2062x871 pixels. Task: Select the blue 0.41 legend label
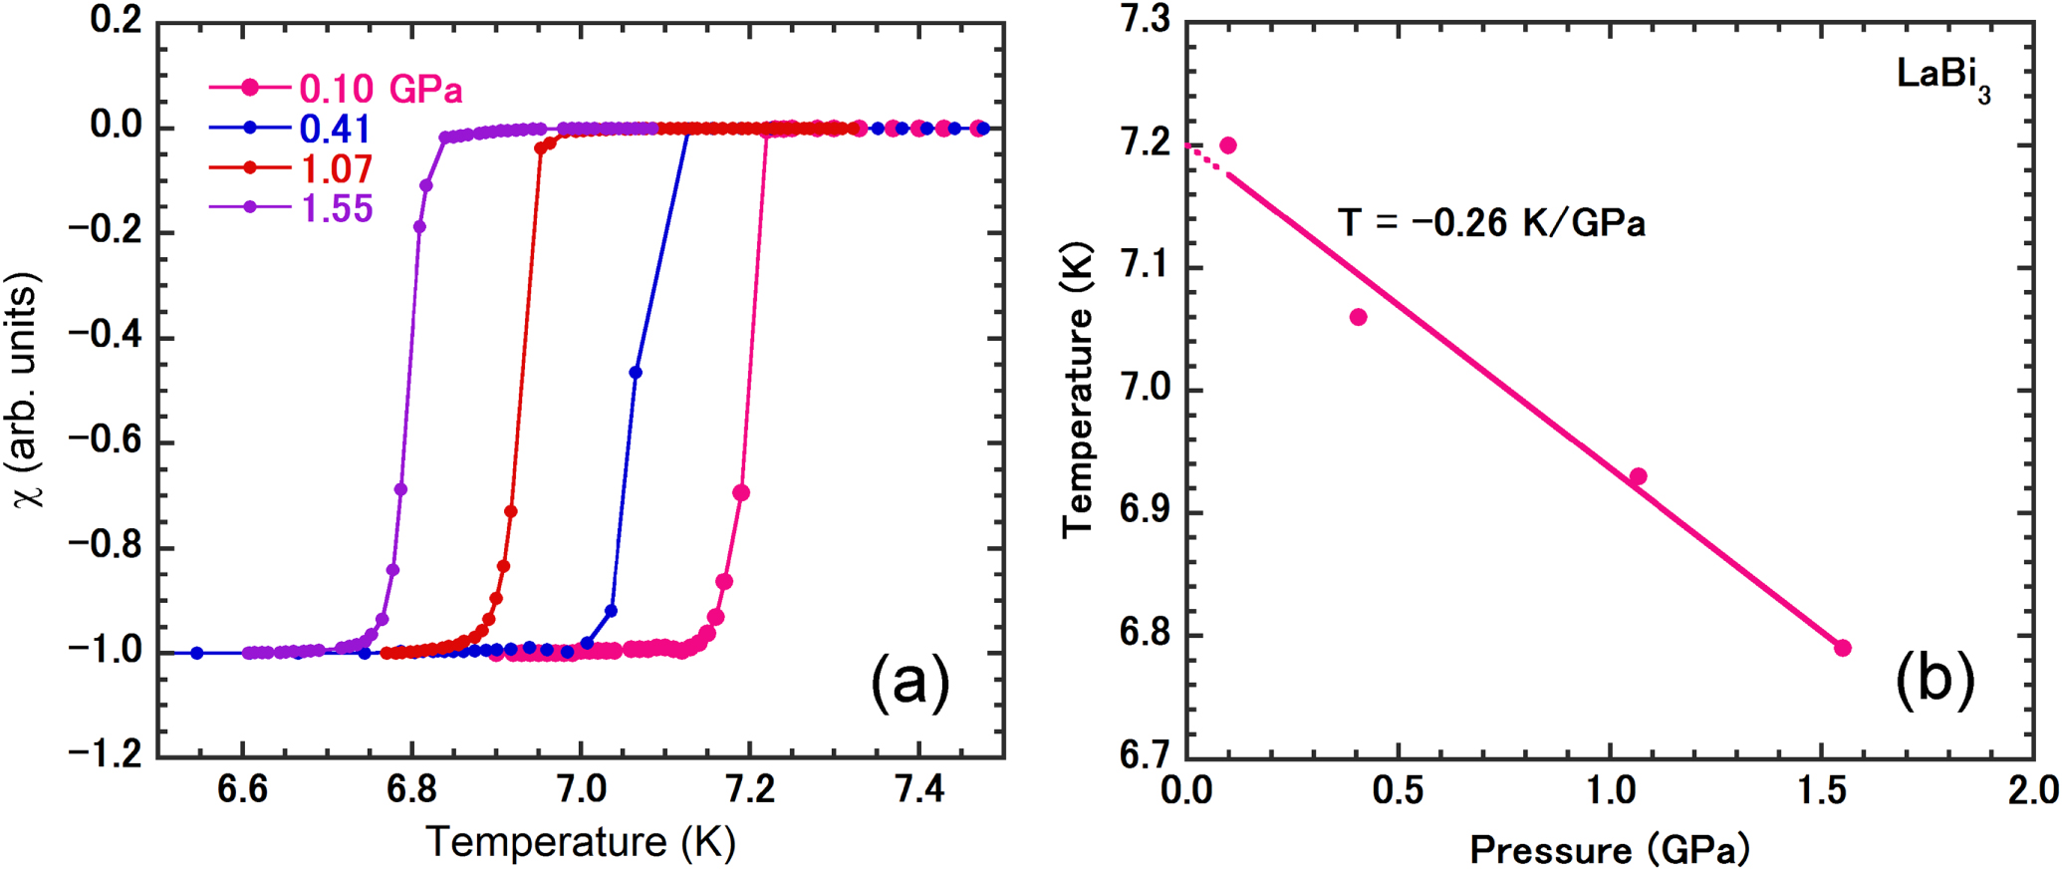(x=335, y=129)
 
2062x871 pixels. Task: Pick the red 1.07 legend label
(x=337, y=168)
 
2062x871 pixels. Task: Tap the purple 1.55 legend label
(x=337, y=208)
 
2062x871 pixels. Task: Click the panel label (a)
(x=910, y=683)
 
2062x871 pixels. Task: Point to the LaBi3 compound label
(x=1942, y=78)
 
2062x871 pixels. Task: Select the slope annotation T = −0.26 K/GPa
(x=1490, y=222)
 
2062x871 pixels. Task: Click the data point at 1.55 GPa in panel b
(x=1843, y=648)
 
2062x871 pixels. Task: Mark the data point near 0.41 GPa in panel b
(x=1358, y=317)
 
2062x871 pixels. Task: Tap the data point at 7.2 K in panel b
(x=1228, y=145)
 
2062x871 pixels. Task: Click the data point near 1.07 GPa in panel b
(x=1638, y=476)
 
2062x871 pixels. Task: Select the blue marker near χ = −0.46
(x=636, y=373)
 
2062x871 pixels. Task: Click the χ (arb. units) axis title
(x=30, y=389)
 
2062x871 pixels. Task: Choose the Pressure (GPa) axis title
(x=1609, y=850)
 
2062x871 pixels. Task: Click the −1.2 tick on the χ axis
(x=107, y=754)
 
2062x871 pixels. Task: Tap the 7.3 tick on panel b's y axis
(x=1146, y=22)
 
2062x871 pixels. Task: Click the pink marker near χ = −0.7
(x=740, y=493)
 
